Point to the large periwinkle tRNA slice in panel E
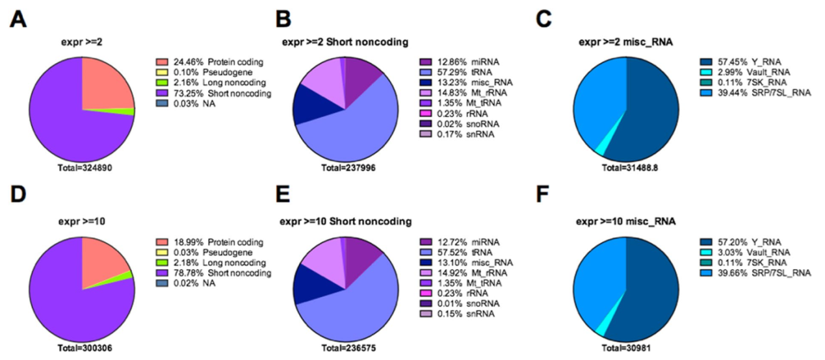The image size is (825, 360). [364, 305]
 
